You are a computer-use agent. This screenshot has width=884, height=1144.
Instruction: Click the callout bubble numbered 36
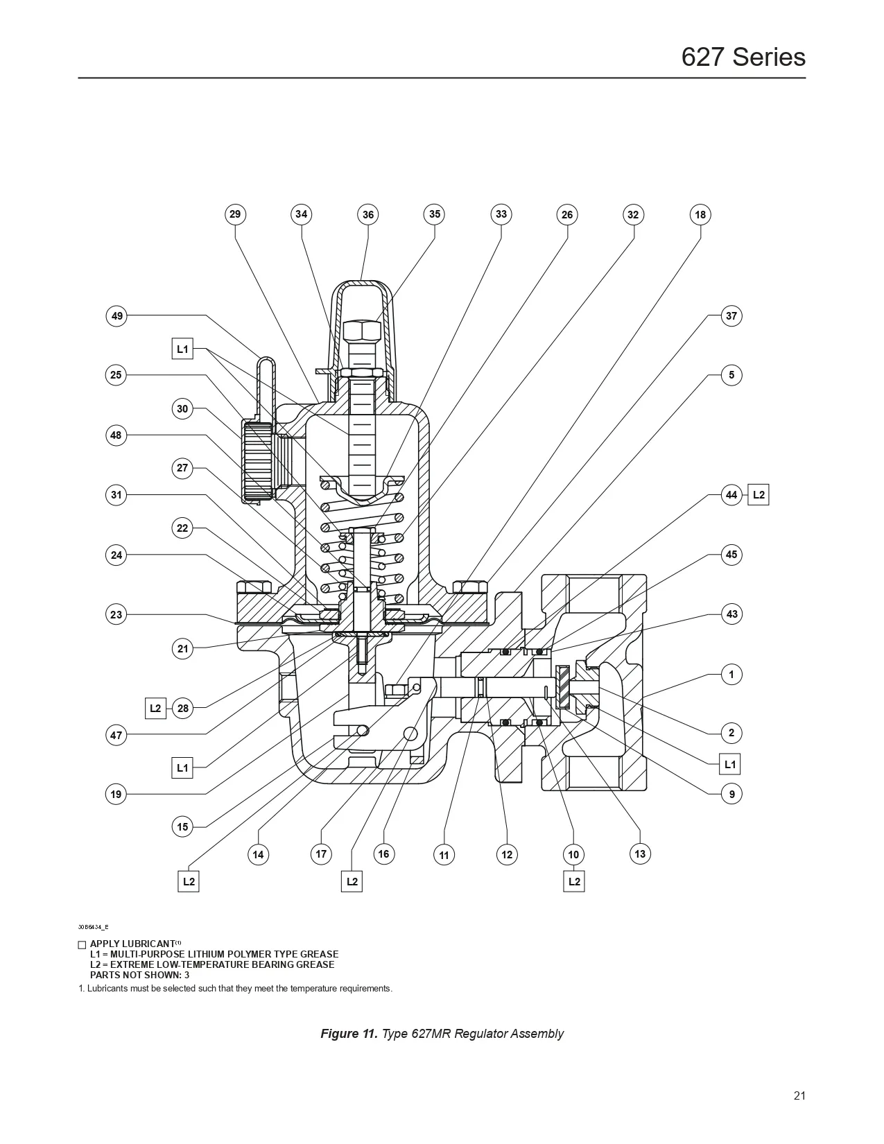368,215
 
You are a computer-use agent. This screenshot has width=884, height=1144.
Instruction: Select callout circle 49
117,316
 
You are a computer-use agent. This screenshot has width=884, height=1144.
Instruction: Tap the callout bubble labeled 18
700,215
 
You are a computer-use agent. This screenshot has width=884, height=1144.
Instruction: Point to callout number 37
731,316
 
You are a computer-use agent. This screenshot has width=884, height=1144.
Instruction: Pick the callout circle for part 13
640,853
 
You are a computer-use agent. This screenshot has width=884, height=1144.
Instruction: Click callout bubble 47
116,735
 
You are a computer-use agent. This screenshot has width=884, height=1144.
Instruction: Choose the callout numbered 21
182,649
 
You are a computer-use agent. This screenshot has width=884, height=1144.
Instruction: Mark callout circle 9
731,794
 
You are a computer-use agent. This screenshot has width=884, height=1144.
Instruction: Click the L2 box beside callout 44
759,495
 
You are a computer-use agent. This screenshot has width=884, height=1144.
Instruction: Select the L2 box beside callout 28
155,709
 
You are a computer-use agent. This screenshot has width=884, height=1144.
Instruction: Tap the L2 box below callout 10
574,882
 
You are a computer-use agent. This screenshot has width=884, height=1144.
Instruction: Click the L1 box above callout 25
182,349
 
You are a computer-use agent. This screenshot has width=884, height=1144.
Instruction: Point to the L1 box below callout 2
730,764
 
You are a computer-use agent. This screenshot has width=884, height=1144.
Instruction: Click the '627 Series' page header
743,57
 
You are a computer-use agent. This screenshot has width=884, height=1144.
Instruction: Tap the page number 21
799,1096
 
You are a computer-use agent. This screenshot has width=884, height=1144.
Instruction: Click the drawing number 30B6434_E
93,927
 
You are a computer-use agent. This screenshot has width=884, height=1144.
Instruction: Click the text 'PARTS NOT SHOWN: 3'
139,975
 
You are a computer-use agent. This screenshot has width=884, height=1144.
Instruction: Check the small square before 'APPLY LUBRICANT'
82,945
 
